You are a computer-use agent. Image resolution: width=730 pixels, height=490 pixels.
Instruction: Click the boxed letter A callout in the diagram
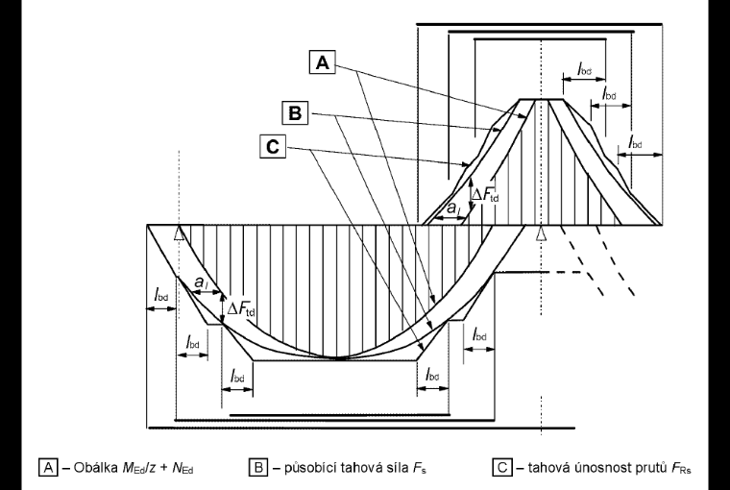(322, 61)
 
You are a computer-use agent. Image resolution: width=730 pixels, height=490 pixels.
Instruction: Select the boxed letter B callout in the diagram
(295, 113)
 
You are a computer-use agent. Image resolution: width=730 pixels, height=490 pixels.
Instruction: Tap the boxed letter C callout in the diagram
(273, 147)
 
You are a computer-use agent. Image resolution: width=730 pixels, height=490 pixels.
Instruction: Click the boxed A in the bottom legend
(48, 467)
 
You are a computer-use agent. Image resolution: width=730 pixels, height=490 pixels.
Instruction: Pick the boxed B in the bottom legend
(258, 467)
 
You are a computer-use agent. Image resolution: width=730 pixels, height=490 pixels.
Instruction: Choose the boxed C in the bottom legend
(501, 467)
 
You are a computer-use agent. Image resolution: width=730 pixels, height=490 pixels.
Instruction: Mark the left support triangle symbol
(179, 233)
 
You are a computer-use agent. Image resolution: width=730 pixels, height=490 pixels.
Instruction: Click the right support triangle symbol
(540, 233)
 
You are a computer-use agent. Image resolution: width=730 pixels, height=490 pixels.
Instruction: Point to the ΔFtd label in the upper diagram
(485, 195)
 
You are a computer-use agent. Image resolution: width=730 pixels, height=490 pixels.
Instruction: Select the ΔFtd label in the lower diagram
(241, 308)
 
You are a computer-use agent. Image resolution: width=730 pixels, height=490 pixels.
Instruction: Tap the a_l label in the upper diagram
(453, 208)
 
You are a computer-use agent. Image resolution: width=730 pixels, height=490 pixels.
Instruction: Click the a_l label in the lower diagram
(201, 282)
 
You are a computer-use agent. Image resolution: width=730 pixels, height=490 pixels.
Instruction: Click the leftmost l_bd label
(161, 295)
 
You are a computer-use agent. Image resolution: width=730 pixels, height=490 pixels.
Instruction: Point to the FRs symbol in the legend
(682, 468)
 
